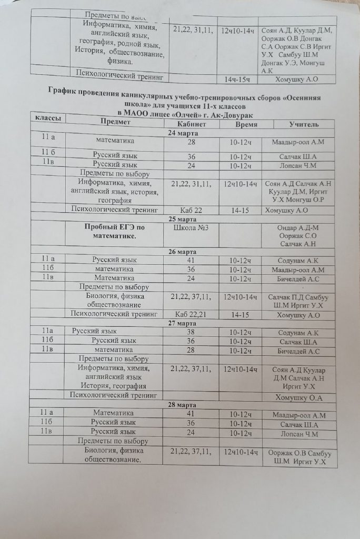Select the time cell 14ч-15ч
(x=238, y=79)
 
